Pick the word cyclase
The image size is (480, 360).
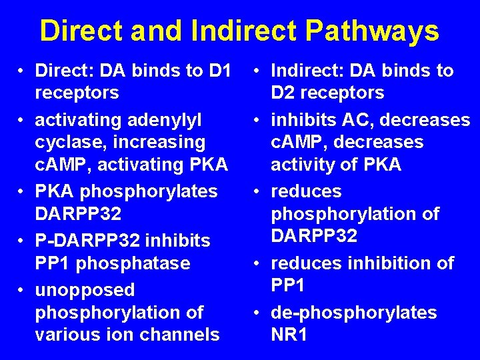68,142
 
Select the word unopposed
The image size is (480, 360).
84,290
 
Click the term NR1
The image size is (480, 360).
289,334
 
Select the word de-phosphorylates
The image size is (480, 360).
354,312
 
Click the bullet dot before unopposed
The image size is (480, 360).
22,290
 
